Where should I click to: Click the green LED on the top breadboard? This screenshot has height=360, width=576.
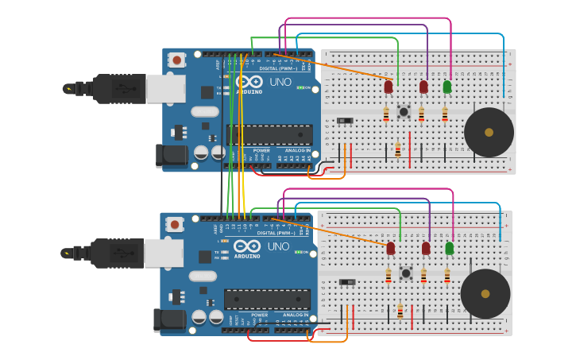(x=447, y=87)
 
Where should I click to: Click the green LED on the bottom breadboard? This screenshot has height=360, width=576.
(x=450, y=249)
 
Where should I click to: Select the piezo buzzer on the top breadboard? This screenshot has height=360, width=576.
(x=489, y=133)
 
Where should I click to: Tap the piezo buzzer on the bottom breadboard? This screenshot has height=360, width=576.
(x=485, y=294)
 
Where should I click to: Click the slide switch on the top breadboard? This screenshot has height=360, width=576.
(x=344, y=121)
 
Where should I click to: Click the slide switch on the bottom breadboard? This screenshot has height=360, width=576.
(x=347, y=282)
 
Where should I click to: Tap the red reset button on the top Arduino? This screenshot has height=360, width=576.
(x=176, y=60)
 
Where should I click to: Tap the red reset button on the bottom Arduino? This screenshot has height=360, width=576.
(x=174, y=224)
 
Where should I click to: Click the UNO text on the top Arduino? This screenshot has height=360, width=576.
(x=280, y=83)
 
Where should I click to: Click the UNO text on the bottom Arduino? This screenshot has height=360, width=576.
(x=278, y=246)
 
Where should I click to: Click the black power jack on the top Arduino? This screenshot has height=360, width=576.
(x=170, y=156)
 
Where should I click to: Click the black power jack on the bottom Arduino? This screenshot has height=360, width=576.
(x=168, y=319)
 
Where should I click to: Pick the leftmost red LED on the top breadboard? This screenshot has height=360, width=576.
(x=389, y=87)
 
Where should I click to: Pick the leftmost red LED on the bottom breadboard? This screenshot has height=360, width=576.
(x=390, y=249)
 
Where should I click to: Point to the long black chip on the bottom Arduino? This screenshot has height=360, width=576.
(x=267, y=299)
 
